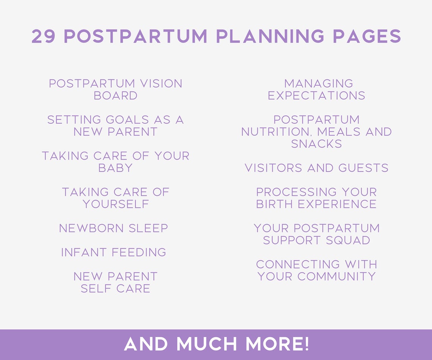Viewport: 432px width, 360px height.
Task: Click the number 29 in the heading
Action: [43, 37]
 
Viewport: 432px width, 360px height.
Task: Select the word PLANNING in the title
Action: [270, 37]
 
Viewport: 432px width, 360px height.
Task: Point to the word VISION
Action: [161, 83]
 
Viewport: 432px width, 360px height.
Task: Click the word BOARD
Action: [116, 95]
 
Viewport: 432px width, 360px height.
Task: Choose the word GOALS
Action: [128, 120]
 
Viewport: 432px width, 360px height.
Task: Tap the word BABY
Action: [116, 168]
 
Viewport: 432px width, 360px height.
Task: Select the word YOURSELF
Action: [116, 204]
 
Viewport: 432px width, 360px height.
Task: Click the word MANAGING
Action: [318, 83]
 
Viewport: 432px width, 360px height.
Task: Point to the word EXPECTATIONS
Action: [316, 95]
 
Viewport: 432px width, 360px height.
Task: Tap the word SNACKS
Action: [316, 144]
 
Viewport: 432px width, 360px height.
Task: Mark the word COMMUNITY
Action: [337, 276]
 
